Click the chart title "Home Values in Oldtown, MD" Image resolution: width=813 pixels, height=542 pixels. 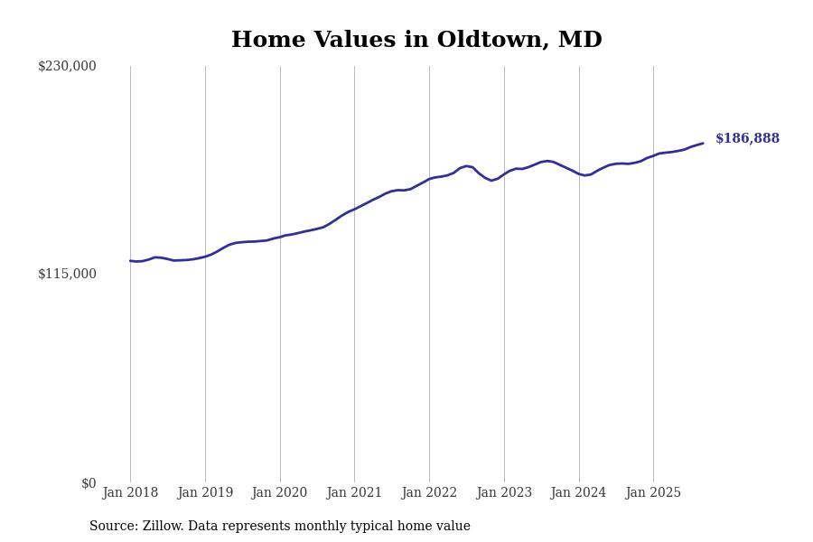[416, 41]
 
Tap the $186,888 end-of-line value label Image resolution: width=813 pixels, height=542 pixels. [747, 139]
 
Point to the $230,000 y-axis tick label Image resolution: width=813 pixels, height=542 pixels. [67, 66]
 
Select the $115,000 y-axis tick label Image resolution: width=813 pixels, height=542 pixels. [67, 274]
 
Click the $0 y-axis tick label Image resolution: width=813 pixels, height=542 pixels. [89, 483]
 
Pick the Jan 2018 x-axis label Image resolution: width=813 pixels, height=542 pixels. [130, 493]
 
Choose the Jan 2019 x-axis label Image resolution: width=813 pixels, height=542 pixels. [205, 493]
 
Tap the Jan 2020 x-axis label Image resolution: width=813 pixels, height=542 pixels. [280, 493]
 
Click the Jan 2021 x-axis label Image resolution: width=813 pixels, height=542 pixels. [354, 493]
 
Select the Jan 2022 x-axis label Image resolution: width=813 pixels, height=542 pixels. [429, 493]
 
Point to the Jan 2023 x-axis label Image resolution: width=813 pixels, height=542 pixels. [504, 493]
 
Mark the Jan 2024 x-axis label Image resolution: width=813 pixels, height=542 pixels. [579, 493]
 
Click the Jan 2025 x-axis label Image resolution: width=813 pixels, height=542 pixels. [653, 493]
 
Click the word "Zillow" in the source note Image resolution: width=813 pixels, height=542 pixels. [162, 527]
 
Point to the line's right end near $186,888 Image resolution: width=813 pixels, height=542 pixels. [703, 143]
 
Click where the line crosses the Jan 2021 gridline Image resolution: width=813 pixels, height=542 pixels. [354, 209]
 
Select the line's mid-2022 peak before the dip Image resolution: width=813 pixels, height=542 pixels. [467, 166]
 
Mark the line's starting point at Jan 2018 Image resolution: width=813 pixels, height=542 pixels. [130, 261]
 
